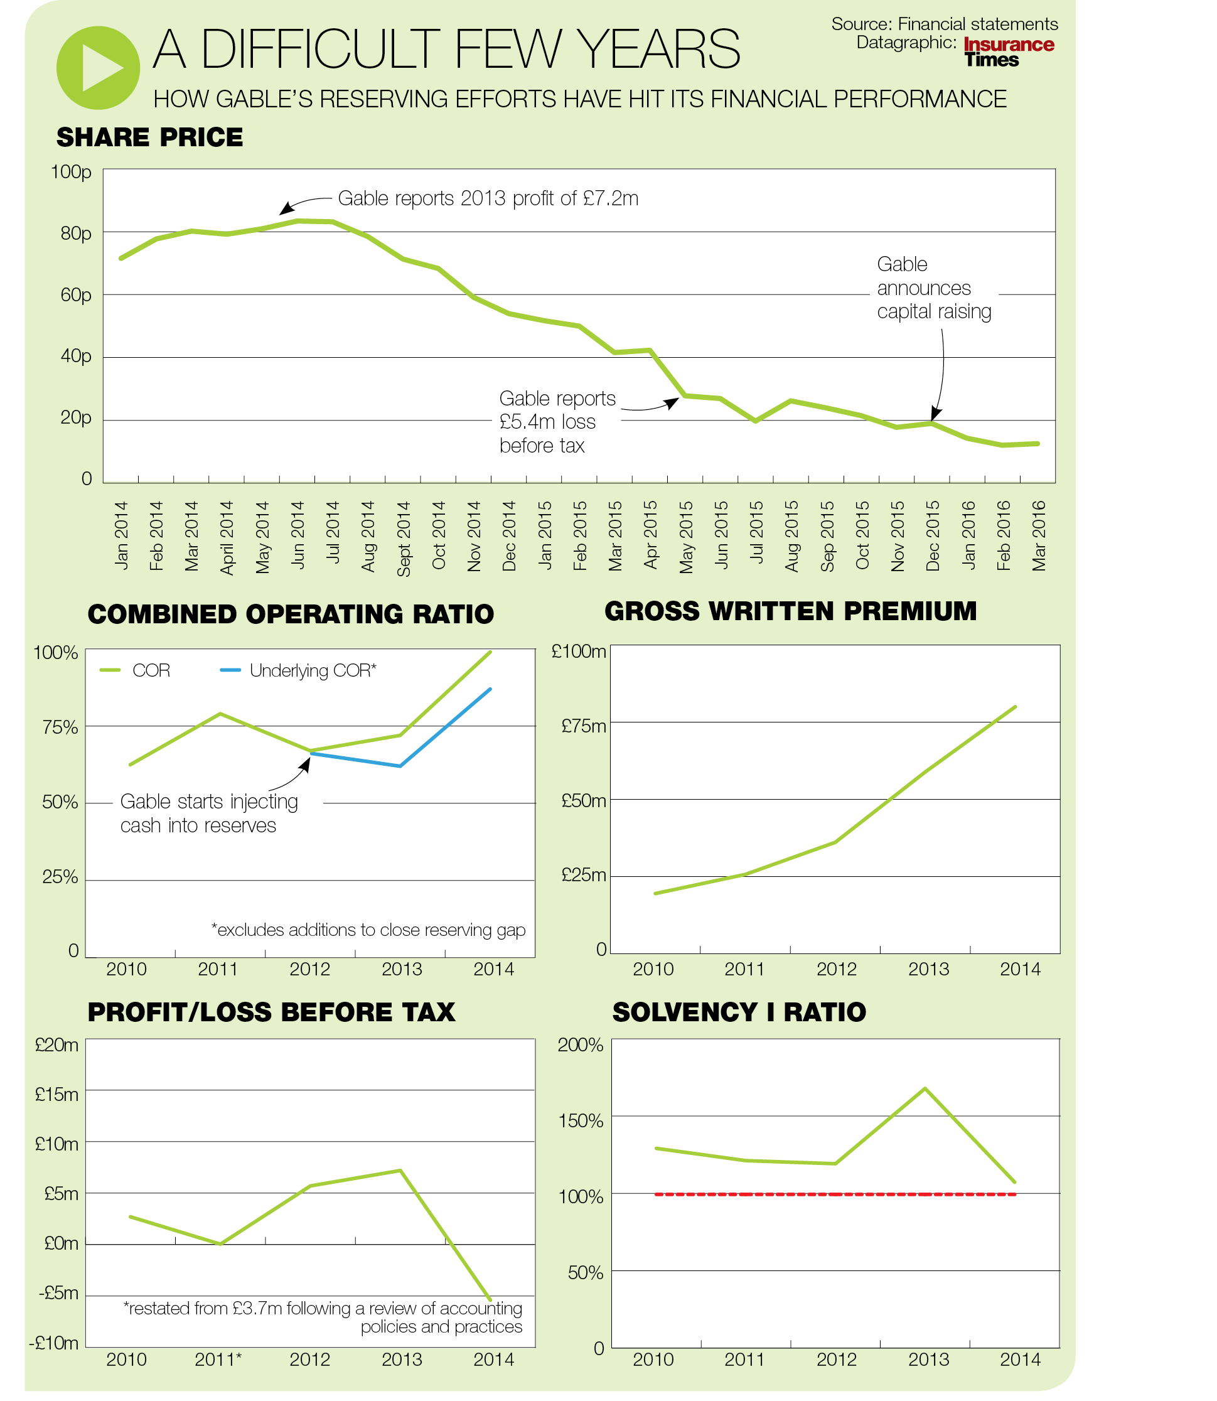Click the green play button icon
99,68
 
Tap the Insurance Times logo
1009,52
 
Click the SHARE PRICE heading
149,138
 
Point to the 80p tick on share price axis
76,233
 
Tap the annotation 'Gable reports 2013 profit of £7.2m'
488,198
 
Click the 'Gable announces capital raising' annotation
934,288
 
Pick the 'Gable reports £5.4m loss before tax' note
557,422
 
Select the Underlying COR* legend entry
299,671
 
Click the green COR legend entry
136,671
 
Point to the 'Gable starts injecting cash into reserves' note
208,813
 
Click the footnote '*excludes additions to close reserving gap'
368,930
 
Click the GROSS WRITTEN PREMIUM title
790,611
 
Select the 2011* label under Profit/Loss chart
218,1360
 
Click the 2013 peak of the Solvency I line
926,1088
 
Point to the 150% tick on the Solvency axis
581,1120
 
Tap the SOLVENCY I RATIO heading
739,1012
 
